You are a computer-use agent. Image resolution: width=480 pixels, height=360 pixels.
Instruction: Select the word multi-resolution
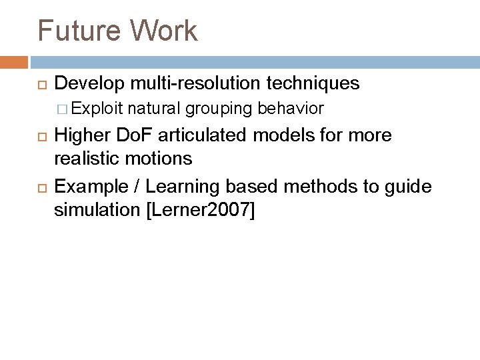(x=194, y=83)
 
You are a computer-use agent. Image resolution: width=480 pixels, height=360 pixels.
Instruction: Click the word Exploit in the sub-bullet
(x=102, y=108)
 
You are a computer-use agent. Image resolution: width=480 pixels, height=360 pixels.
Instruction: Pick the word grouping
(x=220, y=108)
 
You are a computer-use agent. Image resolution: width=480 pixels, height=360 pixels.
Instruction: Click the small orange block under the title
(x=13, y=62)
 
